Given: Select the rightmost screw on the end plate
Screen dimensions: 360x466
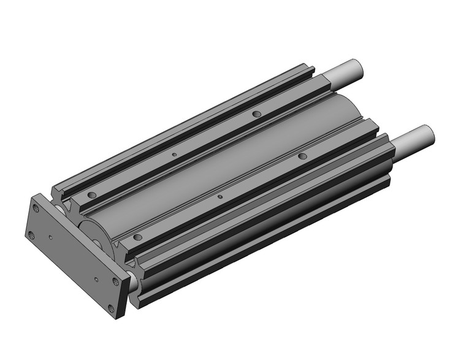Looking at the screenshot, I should [x=116, y=282].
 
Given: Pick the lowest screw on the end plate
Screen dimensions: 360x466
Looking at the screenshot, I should [x=110, y=308].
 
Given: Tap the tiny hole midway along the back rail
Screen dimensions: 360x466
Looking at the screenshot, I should [x=174, y=154].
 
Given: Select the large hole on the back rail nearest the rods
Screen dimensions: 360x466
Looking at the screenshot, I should [x=256, y=114].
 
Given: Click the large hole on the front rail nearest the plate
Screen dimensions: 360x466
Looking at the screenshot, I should [x=137, y=237].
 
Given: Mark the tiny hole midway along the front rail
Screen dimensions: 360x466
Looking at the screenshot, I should [x=220, y=197].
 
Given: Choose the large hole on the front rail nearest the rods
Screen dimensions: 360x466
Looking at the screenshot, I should [x=302, y=157].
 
